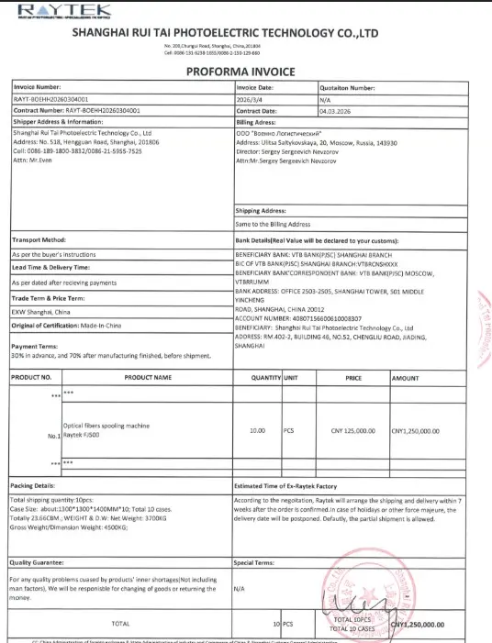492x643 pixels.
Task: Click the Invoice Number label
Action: (38, 86)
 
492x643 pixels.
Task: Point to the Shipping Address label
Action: (261, 212)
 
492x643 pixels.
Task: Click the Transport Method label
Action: (38, 240)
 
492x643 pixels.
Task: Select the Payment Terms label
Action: (34, 346)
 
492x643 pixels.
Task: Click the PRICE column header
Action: (352, 377)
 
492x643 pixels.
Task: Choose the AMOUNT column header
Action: (406, 377)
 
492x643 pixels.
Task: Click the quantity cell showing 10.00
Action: (258, 430)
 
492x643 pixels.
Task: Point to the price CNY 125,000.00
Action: (352, 430)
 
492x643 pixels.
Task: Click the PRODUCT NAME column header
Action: (148, 377)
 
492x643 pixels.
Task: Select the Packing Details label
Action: (33, 484)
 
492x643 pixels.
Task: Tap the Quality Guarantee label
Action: (39, 562)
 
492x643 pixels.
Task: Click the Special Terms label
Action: (256, 562)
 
